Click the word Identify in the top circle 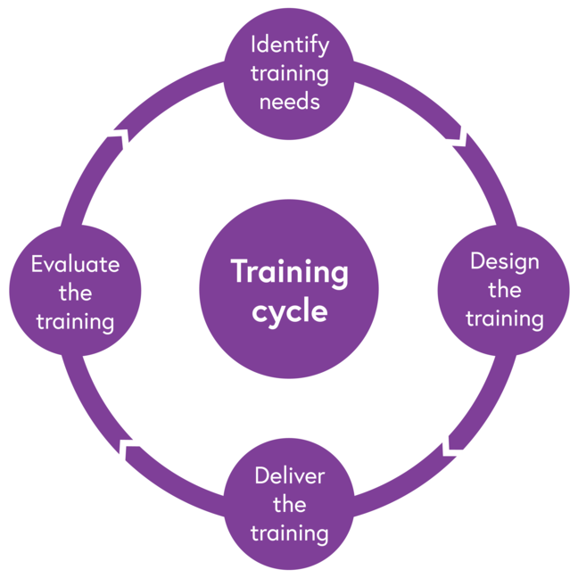(290, 45)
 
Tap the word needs (290, 101)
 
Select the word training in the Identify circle (290, 73)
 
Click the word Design (505, 261)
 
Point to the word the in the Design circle (505, 290)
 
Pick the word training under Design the (505, 318)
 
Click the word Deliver (290, 475)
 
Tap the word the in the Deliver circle (290, 505)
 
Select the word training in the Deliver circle (290, 533)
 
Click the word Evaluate (75, 264)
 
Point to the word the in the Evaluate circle (75, 293)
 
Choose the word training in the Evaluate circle (75, 321)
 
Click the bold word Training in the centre (290, 272)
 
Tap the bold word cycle (290, 312)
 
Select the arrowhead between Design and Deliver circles (452, 442)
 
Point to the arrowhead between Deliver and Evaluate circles (128, 448)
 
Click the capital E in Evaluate (37, 264)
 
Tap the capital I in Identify (254, 44)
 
